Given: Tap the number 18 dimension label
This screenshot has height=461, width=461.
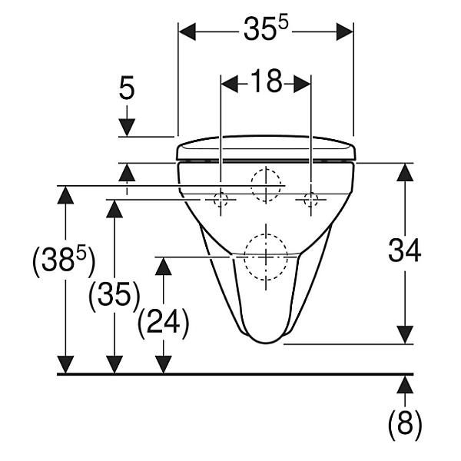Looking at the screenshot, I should pyautogui.click(x=266, y=82).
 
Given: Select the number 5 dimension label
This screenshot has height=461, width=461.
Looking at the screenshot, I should pyautogui.click(x=127, y=89).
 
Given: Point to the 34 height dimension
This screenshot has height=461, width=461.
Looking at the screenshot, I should pyautogui.click(x=404, y=251).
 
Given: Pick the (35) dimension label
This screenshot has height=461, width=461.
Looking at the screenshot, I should pyautogui.click(x=114, y=294).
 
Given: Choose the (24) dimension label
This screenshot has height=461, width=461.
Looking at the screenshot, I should pyautogui.click(x=163, y=323).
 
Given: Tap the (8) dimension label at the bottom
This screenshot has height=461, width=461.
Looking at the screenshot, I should pyautogui.click(x=404, y=425).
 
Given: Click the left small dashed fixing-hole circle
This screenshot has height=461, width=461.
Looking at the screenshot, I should pyautogui.click(x=221, y=200).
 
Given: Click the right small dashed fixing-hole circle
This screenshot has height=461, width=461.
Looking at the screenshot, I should pyautogui.click(x=311, y=200).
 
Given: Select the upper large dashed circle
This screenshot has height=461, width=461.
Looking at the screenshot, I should pyautogui.click(x=266, y=184).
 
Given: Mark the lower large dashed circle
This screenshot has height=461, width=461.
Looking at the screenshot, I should pyautogui.click(x=265, y=255).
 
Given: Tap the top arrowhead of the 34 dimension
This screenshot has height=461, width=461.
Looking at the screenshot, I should pyautogui.click(x=404, y=173).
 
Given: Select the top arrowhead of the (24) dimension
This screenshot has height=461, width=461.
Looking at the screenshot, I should pyautogui.click(x=163, y=266).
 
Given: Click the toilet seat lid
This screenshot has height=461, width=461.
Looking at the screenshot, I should pyautogui.click(x=266, y=147).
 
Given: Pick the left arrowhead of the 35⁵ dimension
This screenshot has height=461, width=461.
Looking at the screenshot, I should pyautogui.click(x=189, y=31).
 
